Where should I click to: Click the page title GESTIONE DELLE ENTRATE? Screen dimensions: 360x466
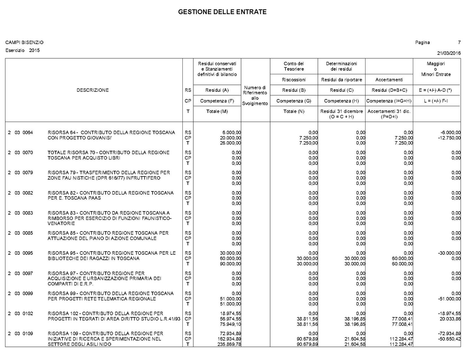tap(222, 12)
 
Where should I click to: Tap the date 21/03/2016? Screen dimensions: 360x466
tap(449, 53)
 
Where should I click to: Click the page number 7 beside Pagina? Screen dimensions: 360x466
tap(459, 43)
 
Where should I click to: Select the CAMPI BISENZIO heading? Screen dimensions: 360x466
tap(24, 43)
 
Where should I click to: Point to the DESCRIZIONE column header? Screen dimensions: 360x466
tap(92, 90)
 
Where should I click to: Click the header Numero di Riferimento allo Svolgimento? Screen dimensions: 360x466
tap(255, 95)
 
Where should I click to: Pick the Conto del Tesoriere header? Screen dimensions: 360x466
tap(294, 66)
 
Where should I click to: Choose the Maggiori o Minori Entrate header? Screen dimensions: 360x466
tap(436, 69)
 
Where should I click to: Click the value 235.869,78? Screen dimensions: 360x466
tap(229, 344)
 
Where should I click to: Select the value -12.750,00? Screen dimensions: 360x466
tap(449, 138)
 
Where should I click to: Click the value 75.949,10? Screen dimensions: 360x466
tap(230, 324)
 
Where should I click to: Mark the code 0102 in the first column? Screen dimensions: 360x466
tap(28, 313)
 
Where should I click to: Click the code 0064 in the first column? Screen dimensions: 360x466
tap(28, 132)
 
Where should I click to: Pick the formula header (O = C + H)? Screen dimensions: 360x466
tap(341, 116)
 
